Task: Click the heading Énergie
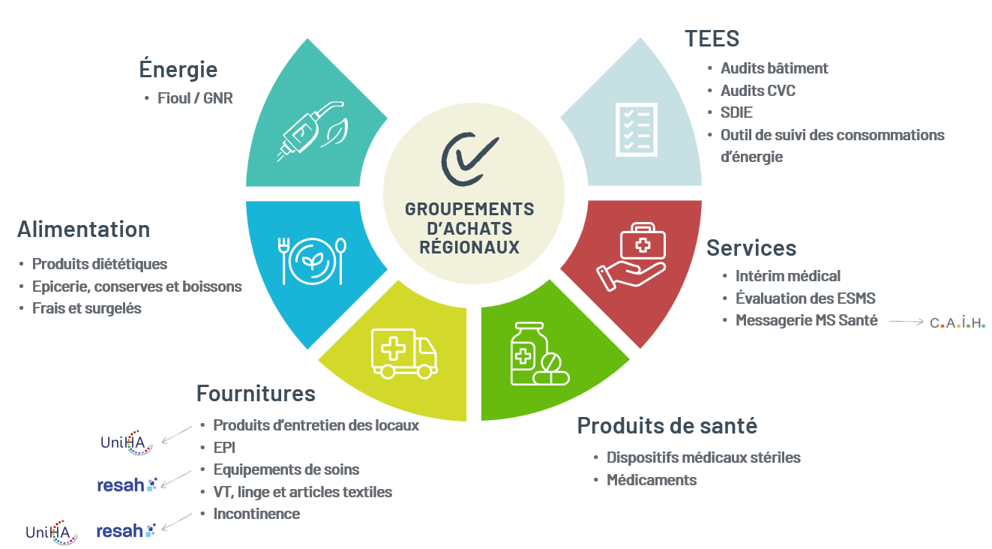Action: point(178,69)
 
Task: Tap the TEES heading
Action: point(712,38)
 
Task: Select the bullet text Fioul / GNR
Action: point(195,98)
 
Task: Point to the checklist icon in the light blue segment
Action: point(637,130)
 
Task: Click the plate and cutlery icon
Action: point(312,261)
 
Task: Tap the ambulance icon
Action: point(404,353)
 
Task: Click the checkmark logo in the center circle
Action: point(469,159)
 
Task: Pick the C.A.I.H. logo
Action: point(958,322)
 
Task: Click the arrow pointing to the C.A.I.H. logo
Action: point(906,322)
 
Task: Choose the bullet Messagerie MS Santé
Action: point(807,320)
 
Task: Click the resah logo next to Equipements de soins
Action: point(127,484)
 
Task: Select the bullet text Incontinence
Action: point(256,514)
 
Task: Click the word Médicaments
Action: point(652,480)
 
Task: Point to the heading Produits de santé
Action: point(667,426)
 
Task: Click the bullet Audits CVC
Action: point(758,91)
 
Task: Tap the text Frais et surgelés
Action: point(86,308)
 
